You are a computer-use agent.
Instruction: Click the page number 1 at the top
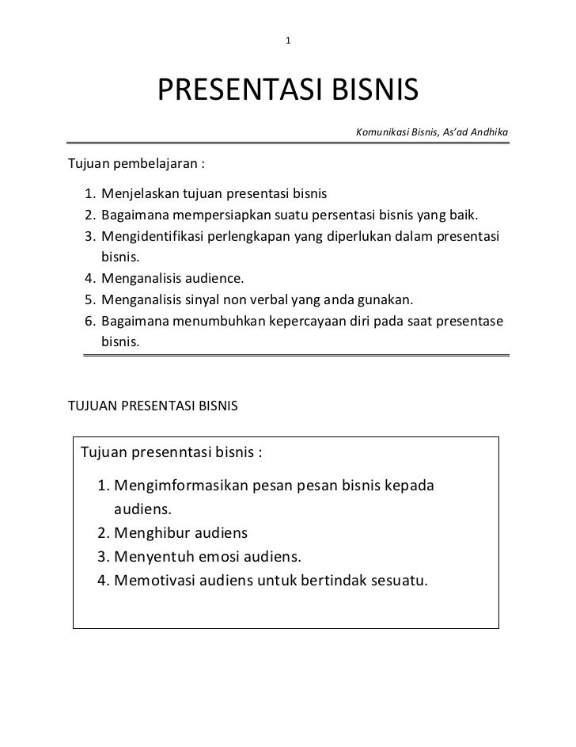(x=289, y=40)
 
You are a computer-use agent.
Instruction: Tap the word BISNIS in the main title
(x=368, y=92)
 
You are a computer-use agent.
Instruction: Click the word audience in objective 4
(x=214, y=279)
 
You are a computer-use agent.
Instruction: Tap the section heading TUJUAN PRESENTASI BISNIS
(x=153, y=406)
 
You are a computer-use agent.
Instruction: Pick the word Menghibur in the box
(x=150, y=532)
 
